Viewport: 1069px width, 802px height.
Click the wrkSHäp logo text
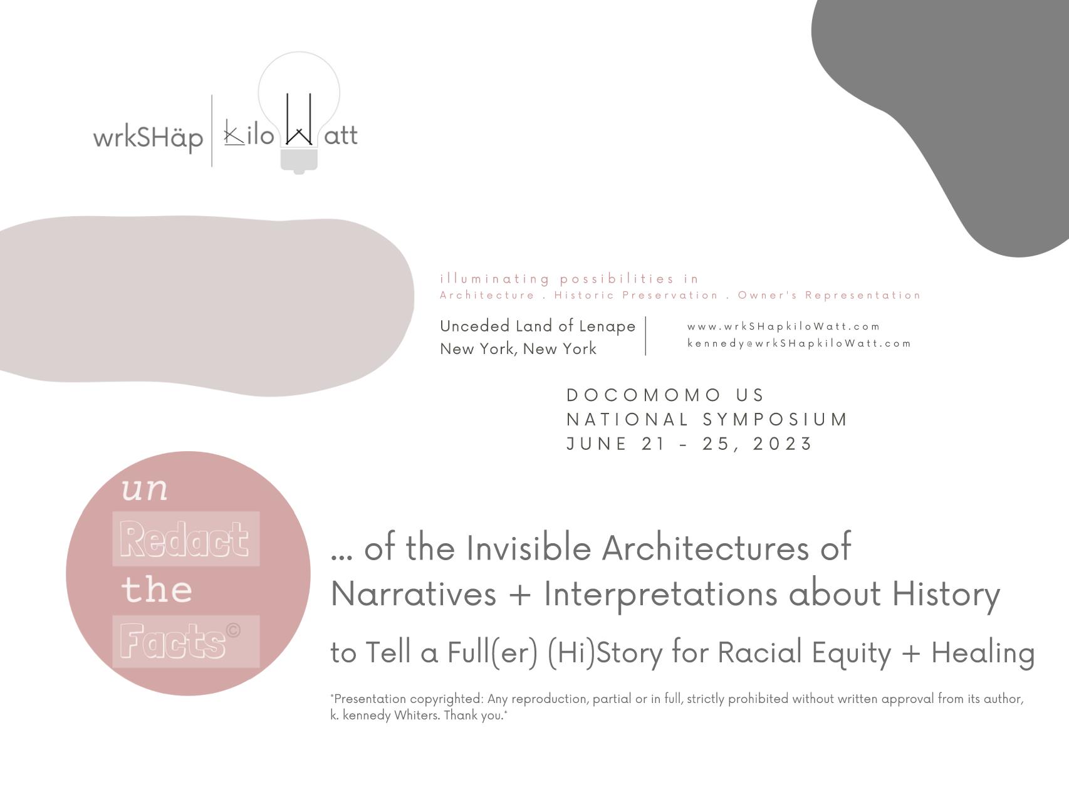[148, 137]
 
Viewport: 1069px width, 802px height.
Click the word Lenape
[607, 326]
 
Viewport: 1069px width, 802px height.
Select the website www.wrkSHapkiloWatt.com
[783, 326]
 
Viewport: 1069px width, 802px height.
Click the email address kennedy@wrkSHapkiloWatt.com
[799, 343]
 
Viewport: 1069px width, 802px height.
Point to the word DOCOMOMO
[644, 395]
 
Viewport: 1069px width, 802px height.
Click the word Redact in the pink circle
[185, 539]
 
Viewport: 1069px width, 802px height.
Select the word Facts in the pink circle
[173, 641]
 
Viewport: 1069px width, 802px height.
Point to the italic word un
[145, 489]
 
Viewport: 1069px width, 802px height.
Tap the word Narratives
[414, 593]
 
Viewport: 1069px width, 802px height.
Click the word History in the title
[946, 593]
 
